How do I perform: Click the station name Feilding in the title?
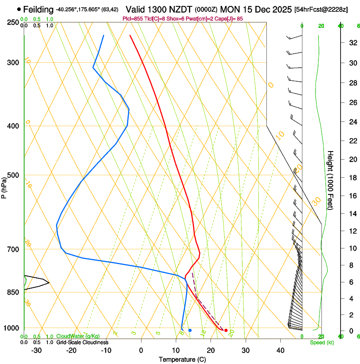[38, 9]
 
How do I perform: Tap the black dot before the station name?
[19, 9]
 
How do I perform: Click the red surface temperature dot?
[226, 330]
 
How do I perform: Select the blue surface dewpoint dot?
[190, 330]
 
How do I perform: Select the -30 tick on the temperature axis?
[36, 350]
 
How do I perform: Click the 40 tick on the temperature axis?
[280, 350]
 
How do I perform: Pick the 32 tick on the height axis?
[352, 42]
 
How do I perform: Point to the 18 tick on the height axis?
[352, 178]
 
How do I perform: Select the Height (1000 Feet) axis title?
[330, 180]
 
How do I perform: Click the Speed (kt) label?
[321, 342]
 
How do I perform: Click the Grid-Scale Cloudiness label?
[82, 342]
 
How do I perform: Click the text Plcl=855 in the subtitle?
[132, 19]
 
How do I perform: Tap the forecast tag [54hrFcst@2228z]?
[321, 9]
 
